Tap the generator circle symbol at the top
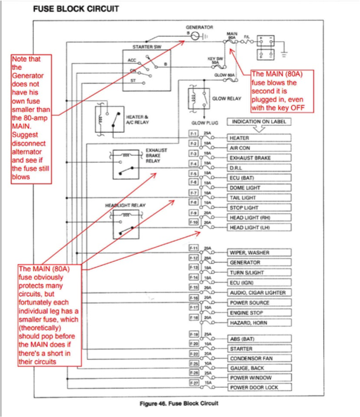tap(194, 37)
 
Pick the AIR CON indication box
tap(259, 147)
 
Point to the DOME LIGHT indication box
tap(259, 188)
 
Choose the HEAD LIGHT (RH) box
tap(259, 217)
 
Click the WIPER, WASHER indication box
tap(259, 252)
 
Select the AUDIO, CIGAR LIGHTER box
tap(259, 292)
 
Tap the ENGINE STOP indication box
tap(259, 313)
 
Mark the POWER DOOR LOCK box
tap(259, 386)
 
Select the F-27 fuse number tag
tap(194, 384)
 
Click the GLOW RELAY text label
tap(227, 99)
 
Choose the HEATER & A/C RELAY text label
tap(137, 119)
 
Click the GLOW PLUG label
tap(204, 122)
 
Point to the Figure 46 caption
tap(179, 403)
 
